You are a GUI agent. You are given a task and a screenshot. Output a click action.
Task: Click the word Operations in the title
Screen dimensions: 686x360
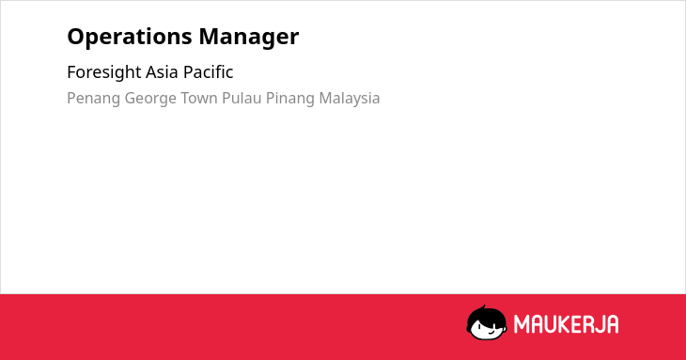tap(130, 38)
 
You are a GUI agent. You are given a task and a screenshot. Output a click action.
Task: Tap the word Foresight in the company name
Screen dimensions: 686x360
tap(104, 72)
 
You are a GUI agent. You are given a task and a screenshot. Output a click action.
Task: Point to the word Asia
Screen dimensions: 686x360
tap(162, 72)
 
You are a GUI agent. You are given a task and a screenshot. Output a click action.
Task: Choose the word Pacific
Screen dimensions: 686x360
tap(209, 72)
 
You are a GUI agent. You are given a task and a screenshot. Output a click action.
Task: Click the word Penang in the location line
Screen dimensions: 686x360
tap(93, 99)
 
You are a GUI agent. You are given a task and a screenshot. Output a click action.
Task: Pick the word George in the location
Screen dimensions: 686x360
tap(150, 99)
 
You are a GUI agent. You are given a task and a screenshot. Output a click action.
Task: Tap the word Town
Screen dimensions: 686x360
tap(199, 98)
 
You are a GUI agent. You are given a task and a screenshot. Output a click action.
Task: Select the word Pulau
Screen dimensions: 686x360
tap(242, 98)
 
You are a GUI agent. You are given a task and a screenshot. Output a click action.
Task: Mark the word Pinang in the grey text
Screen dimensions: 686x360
tap(290, 99)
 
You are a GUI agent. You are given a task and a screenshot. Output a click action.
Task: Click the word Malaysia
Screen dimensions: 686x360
tap(350, 99)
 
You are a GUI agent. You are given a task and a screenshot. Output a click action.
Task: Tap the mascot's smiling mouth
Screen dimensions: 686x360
tap(491, 333)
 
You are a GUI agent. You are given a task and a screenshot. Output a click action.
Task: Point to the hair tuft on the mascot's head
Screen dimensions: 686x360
tap(484, 307)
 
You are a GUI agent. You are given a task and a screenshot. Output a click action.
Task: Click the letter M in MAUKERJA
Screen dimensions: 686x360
tap(522, 324)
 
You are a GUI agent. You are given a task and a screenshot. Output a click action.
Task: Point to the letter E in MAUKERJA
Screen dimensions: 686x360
tap(576, 324)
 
